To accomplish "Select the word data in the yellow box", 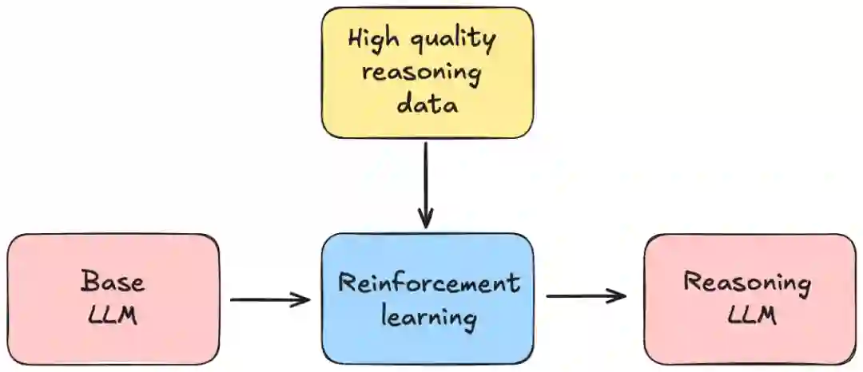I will pos(428,105).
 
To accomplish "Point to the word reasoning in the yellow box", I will pos(422,74).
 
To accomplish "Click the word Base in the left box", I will pos(113,282).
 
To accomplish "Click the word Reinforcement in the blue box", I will pos(428,283).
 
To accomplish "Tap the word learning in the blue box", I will pos(428,318).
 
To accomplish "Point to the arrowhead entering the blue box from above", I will pos(426,220).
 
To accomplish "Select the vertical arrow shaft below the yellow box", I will pos(426,180).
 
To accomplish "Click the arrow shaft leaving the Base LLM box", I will pos(264,300).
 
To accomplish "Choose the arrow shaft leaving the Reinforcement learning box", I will pos(579,296).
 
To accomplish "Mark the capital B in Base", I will pos(87,282).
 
